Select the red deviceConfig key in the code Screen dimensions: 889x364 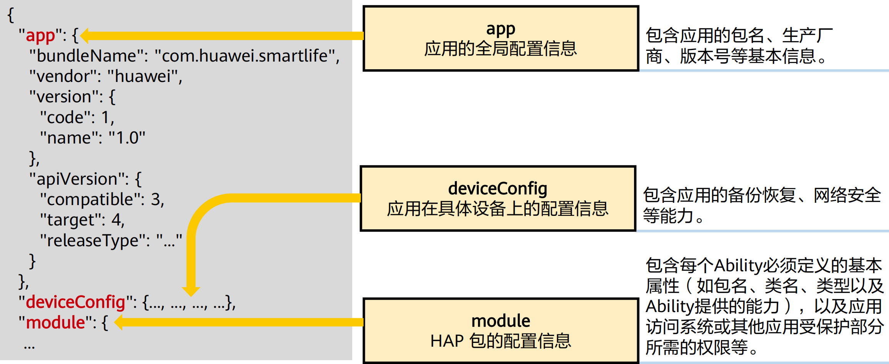(x=75, y=302)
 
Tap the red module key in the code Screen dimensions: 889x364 (x=55, y=322)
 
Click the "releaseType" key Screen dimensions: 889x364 (x=92, y=241)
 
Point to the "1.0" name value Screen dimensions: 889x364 (x=127, y=138)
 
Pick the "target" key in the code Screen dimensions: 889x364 (x=70, y=220)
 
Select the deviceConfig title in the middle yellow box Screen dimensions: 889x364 (x=498, y=189)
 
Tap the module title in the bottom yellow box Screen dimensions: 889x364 (x=501, y=321)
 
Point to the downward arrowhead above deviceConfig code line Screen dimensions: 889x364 (x=191, y=291)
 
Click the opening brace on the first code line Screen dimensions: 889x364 (x=11, y=15)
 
